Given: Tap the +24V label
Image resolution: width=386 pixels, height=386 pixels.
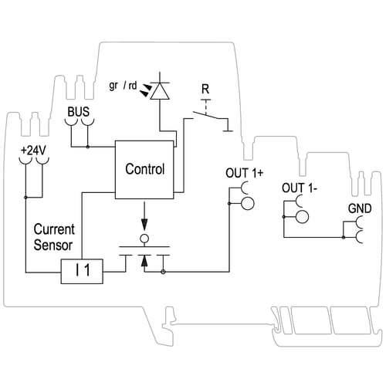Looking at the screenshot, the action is [33, 151].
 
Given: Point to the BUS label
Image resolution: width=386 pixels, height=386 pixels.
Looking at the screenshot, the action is [79, 112].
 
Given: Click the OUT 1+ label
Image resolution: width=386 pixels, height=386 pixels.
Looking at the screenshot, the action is [245, 173].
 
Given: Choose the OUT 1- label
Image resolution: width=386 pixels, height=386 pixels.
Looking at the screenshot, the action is [300, 188].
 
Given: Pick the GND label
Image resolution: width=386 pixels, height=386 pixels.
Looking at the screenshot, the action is [360, 208].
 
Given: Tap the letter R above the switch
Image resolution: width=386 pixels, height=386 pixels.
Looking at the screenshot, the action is [205, 89].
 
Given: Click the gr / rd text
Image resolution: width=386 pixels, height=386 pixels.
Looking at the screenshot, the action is [123, 86].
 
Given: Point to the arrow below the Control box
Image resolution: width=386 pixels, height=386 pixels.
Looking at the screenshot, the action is [144, 215].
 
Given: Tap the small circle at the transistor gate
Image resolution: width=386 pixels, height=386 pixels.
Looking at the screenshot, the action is [144, 239].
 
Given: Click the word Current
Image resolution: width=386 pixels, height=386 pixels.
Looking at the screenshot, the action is [54, 229].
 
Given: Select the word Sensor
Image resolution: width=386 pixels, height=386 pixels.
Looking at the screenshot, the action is [53, 245].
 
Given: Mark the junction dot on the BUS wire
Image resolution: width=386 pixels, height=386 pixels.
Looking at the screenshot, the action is [88, 147].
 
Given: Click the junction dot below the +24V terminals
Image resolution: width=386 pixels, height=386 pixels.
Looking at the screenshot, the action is [25, 198].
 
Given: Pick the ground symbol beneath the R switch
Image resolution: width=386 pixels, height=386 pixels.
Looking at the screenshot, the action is [228, 131].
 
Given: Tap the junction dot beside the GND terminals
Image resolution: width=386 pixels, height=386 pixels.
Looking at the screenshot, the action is [344, 237].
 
